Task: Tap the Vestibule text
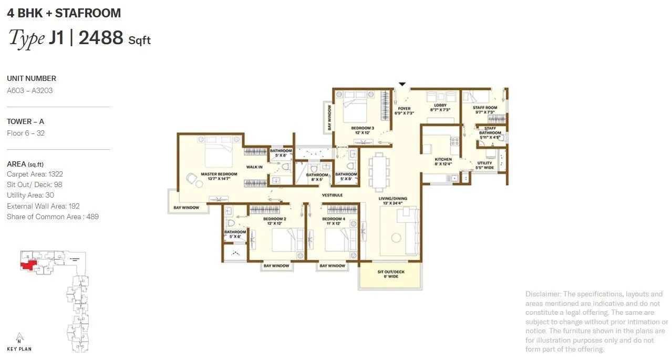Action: [332, 195]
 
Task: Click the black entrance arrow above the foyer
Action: [402, 84]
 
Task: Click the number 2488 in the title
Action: [101, 38]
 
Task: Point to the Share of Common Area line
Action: [53, 217]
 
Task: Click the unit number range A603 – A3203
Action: [29, 90]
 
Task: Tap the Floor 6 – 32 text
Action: [25, 133]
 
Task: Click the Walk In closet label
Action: [254, 167]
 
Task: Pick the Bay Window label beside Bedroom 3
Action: [329, 118]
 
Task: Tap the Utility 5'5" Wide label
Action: [484, 166]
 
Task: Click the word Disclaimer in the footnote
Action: [542, 294]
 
